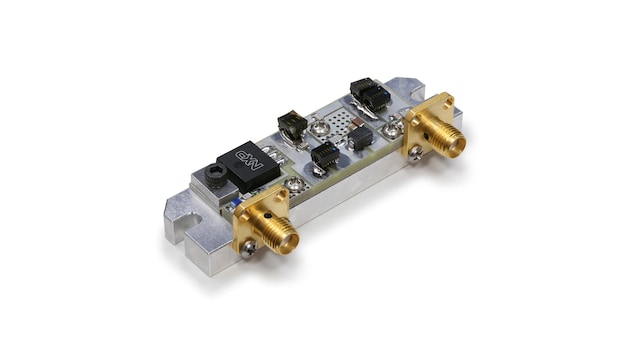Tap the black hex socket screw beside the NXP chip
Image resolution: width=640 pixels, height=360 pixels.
[216, 176]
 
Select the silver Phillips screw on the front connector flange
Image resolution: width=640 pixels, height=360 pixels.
[248, 248]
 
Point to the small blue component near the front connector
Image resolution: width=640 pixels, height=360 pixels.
[237, 202]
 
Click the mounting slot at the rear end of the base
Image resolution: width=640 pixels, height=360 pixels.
[416, 96]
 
